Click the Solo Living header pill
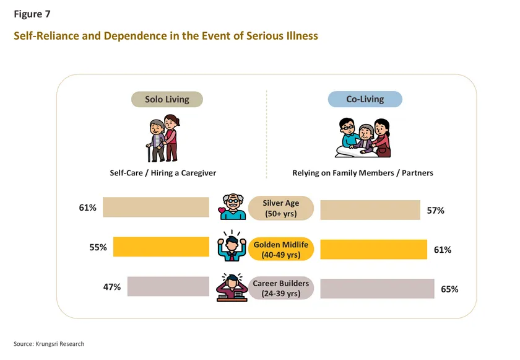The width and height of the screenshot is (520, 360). [167, 99]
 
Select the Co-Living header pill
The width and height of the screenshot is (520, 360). [365, 99]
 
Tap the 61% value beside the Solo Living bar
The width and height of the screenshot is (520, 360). [87, 208]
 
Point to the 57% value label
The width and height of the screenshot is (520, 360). [436, 210]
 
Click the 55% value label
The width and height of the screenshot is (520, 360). [98, 247]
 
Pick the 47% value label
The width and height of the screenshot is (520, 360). [111, 287]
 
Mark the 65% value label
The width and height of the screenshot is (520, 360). [449, 289]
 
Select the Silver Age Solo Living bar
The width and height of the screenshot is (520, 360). [156, 208]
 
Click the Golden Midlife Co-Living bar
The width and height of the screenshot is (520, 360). [373, 249]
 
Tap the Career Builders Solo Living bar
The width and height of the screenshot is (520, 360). [168, 286]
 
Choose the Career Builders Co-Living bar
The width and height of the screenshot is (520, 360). [377, 289]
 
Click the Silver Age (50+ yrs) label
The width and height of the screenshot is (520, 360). [282, 208]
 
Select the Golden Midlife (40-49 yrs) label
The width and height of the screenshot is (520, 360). [282, 248]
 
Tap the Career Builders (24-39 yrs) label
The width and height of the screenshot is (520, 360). [281, 288]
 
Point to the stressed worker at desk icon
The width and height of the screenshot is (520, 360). [231, 287]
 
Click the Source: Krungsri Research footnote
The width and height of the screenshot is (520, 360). [49, 344]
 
